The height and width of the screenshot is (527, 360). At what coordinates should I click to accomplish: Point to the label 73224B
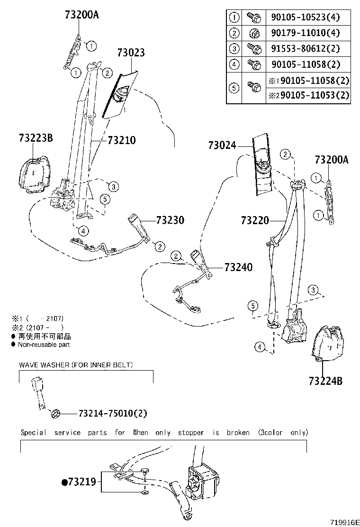coord(326,380)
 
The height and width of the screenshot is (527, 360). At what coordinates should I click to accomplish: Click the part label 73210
coord(121,140)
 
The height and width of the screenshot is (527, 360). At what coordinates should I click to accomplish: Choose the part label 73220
coord(254,220)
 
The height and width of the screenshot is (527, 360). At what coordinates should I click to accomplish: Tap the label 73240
coord(238,267)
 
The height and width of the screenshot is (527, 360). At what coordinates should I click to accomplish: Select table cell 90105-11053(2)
coord(308,96)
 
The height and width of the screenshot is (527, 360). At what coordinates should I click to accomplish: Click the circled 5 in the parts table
coord(234,88)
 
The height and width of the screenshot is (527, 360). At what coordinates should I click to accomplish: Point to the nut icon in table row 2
coord(253,33)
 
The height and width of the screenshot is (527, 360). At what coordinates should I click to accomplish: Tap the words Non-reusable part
coord(44,345)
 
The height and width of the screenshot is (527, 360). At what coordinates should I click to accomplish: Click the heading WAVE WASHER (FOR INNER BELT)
coord(76,365)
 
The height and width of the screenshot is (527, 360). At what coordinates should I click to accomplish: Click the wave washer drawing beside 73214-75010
coord(54,414)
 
